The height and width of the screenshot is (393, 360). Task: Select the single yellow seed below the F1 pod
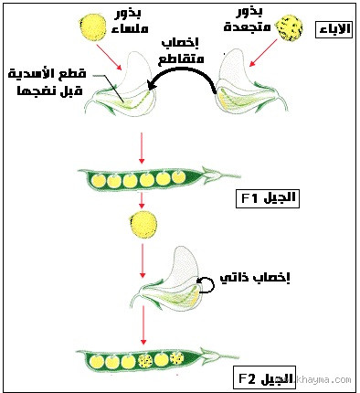144,223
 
